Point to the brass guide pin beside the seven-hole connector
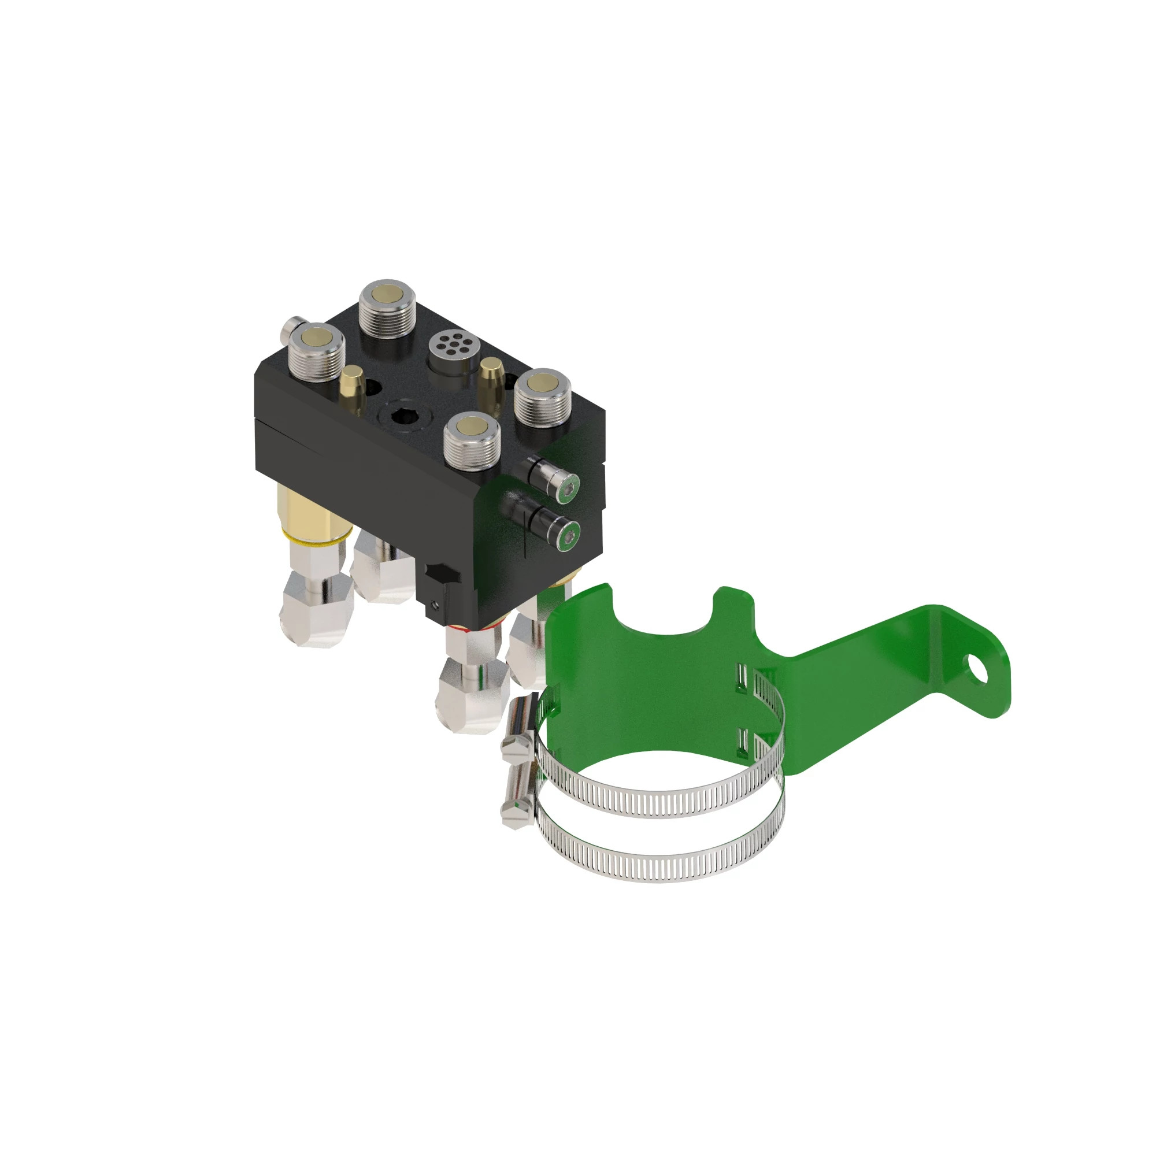click(492, 377)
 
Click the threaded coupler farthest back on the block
click(388, 304)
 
